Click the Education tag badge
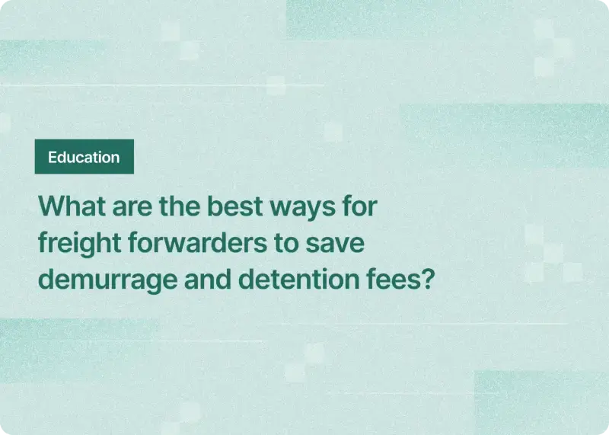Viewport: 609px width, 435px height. (x=84, y=157)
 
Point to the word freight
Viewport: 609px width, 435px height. (x=75, y=243)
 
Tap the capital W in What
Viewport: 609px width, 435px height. (x=49, y=206)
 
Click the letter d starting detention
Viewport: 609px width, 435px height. (x=247, y=279)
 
